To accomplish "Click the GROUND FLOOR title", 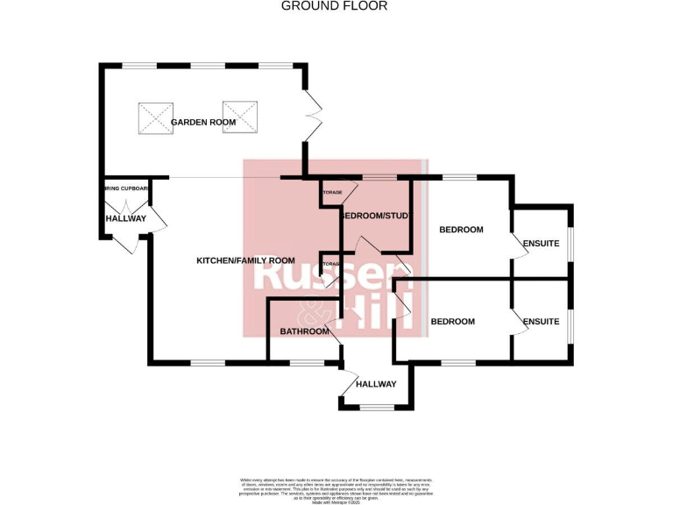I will [333, 6].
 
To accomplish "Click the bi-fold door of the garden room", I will [313, 118].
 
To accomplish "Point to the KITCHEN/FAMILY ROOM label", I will [245, 260].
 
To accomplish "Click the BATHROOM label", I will [304, 331].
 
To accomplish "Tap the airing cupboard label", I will [126, 188].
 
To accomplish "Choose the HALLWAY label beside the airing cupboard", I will [125, 218].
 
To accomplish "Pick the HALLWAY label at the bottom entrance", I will [376, 384].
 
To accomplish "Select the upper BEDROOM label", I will [461, 230].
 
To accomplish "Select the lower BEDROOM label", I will [453, 322].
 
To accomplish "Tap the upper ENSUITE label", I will [541, 243].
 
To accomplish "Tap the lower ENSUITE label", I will [541, 322].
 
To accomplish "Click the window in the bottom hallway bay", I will [377, 406].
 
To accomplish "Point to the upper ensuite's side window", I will [570, 244].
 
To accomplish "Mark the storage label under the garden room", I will [332, 191].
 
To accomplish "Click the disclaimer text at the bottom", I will [336, 488].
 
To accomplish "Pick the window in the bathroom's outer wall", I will [306, 362].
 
